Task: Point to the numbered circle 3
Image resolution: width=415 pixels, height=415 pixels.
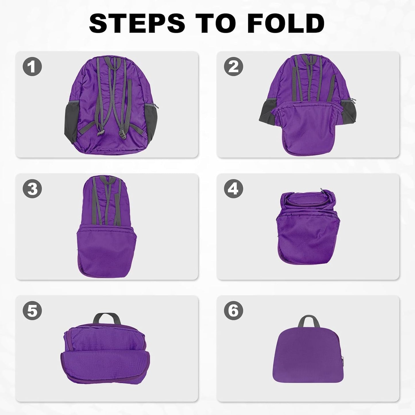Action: coord(32,189)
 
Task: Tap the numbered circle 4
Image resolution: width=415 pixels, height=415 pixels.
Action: coord(233,189)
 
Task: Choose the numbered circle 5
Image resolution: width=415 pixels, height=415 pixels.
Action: coord(32,311)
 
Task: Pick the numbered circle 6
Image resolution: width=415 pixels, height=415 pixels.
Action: coord(233,311)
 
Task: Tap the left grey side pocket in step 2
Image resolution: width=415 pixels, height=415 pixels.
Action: coord(266,111)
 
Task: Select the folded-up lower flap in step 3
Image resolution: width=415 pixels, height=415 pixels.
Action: coord(106,250)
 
